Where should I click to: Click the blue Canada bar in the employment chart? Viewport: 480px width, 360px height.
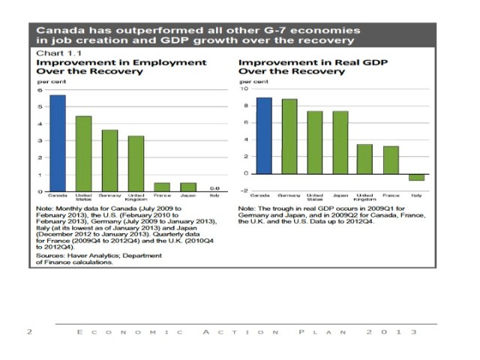[x=58, y=142]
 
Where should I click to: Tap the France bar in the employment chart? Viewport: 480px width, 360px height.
[x=162, y=187]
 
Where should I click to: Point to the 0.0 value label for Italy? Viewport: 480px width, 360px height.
[x=214, y=187]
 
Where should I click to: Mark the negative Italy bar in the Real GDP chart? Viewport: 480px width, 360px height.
[x=416, y=177]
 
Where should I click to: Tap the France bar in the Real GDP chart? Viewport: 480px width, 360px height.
[x=391, y=159]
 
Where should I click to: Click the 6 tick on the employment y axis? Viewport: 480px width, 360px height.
[x=40, y=90]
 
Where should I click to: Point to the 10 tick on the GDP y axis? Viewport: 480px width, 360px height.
[x=243, y=88]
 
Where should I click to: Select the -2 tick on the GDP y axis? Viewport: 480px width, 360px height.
[x=243, y=190]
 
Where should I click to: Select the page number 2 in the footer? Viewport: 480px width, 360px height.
[x=28, y=331]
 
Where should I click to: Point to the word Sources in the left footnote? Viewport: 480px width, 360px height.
[x=51, y=256]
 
